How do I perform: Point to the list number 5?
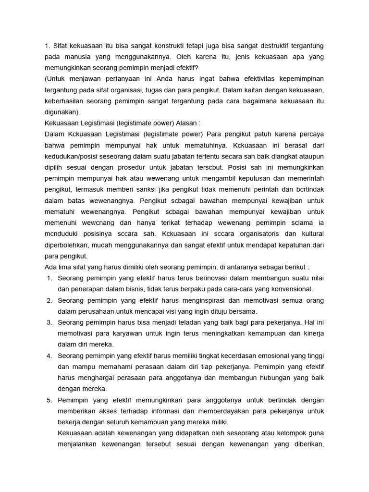[x=49, y=400]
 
